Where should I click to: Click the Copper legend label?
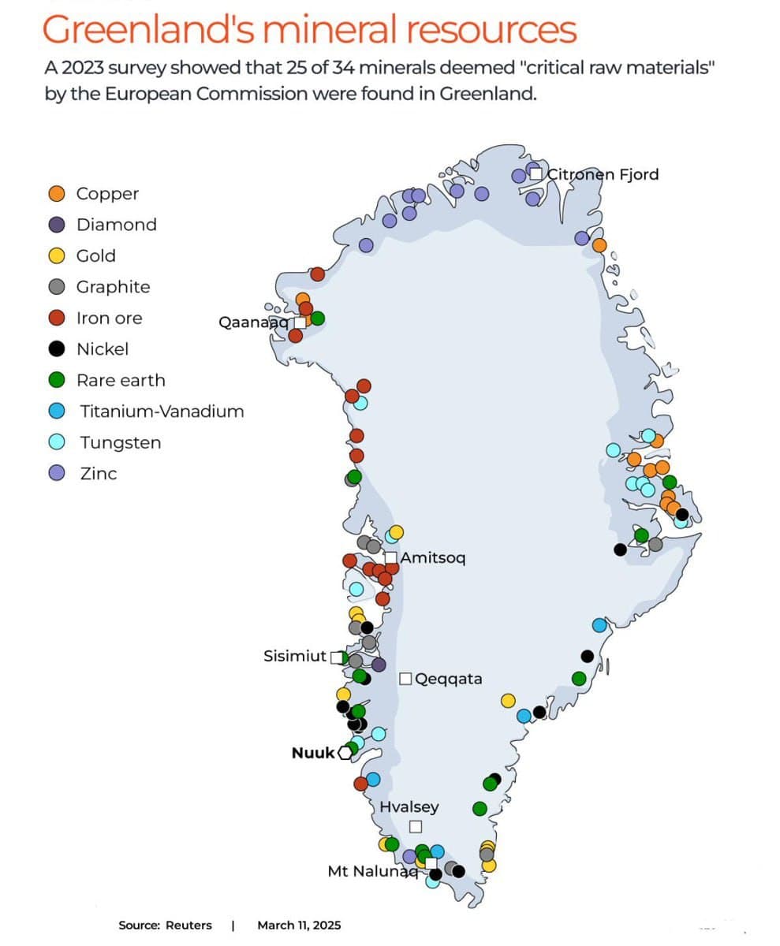pyautogui.click(x=107, y=194)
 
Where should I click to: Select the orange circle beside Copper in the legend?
pyautogui.click(x=57, y=194)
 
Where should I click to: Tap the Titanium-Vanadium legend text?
pyautogui.click(x=162, y=412)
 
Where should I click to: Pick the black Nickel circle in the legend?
pyautogui.click(x=57, y=349)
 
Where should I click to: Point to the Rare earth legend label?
pyautogui.click(x=121, y=381)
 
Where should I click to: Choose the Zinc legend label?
pyautogui.click(x=98, y=474)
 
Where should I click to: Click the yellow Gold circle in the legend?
pyautogui.click(x=57, y=256)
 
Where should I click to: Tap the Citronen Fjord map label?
pyautogui.click(x=603, y=174)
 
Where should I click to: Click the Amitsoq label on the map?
pyautogui.click(x=433, y=558)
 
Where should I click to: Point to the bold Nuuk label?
pyautogui.click(x=313, y=753)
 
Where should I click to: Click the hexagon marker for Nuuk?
pyautogui.click(x=345, y=753)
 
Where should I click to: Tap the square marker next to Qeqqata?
pyautogui.click(x=405, y=679)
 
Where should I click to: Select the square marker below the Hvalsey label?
pyautogui.click(x=416, y=826)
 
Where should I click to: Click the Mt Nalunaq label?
pyautogui.click(x=371, y=871)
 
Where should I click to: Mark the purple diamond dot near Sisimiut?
pyautogui.click(x=379, y=665)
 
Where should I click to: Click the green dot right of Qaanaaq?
pyautogui.click(x=317, y=318)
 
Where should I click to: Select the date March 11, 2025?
pyautogui.click(x=299, y=926)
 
